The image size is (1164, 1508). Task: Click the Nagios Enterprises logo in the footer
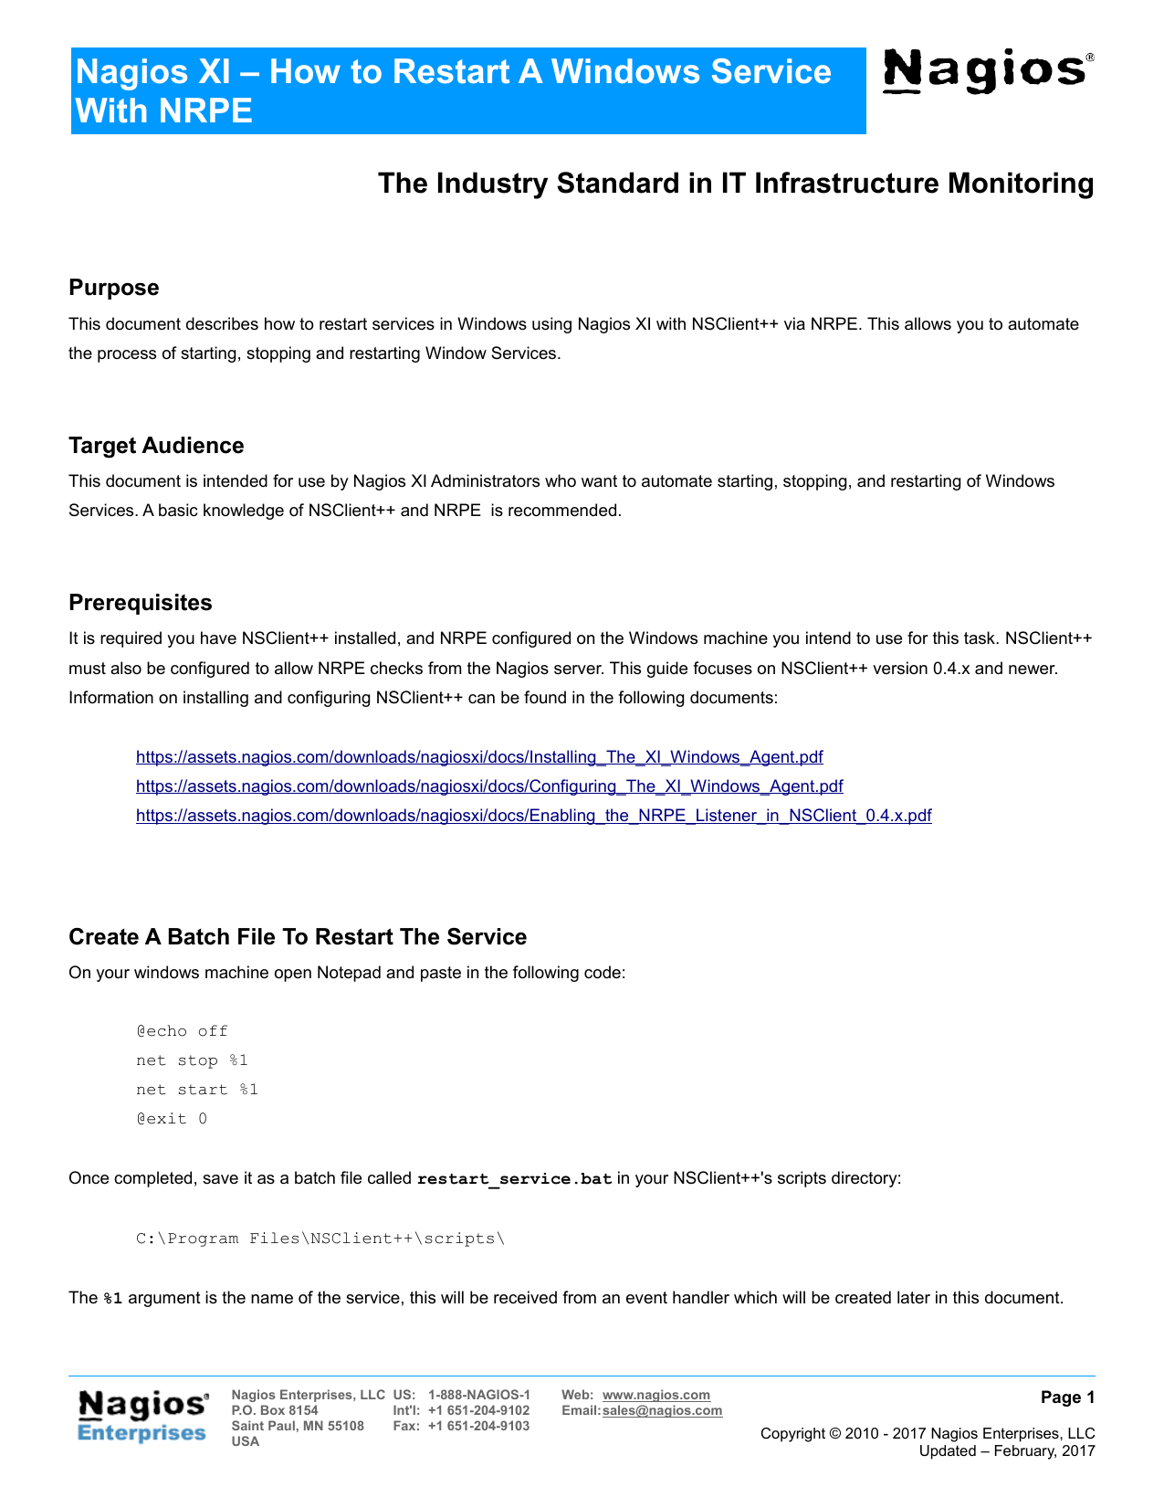[x=143, y=1417]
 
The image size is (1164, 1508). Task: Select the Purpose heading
[x=114, y=288]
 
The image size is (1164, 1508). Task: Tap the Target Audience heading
[x=156, y=446]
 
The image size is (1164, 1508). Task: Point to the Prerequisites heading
[x=141, y=603]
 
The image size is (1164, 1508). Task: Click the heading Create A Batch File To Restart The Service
[x=298, y=937]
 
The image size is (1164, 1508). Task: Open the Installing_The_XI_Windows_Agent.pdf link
[x=479, y=757]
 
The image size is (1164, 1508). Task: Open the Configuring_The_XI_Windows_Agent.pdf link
[x=489, y=786]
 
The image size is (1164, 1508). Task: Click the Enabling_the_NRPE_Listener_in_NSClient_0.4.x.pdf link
[x=533, y=816]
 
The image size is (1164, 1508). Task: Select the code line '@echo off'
[x=182, y=1031]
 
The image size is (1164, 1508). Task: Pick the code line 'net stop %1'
[x=192, y=1060]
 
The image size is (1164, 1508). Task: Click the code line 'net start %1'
[x=197, y=1090]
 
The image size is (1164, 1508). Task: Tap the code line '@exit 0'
[x=172, y=1119]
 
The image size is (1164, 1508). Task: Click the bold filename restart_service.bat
[x=514, y=1178]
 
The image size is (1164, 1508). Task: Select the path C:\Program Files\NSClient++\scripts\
[x=320, y=1239]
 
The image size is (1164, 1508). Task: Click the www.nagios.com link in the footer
[x=655, y=1395]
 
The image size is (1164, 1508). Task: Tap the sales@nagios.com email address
[x=662, y=1410]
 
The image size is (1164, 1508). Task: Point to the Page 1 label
[x=1067, y=1397]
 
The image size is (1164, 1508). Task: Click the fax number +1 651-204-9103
[x=478, y=1426]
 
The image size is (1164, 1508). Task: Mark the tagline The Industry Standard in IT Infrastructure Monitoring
[x=736, y=184]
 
